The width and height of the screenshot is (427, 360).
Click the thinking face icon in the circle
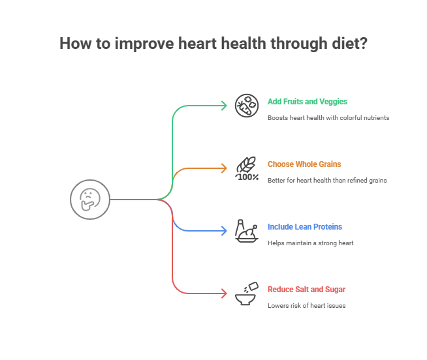[x=90, y=199]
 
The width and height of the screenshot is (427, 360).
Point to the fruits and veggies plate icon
[x=247, y=105]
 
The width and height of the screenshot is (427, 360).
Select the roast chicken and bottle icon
[x=247, y=231]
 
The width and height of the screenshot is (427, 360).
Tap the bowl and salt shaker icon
[x=246, y=293]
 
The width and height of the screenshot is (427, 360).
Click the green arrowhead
[x=224, y=105]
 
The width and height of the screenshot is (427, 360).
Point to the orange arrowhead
[x=224, y=168]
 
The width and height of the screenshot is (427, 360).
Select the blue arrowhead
[x=224, y=230]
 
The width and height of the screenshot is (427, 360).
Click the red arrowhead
[x=224, y=293]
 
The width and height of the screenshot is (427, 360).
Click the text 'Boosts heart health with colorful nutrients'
[x=328, y=118]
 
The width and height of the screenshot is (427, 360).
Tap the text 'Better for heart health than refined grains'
[x=327, y=181]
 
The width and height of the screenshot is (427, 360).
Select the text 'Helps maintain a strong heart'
[x=310, y=243]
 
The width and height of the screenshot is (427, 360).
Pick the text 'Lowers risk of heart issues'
[x=306, y=306]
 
